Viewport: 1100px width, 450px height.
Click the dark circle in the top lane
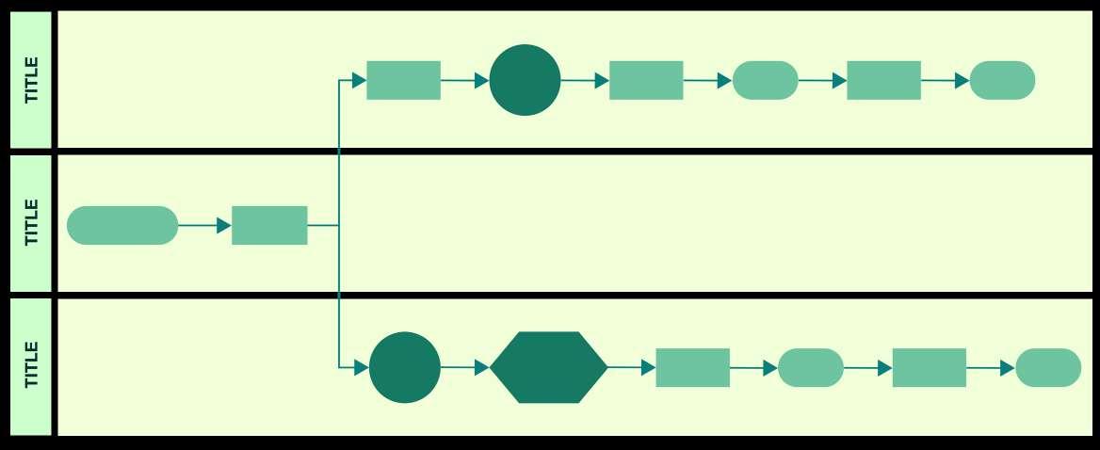pos(525,80)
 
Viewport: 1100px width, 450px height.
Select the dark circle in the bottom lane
pos(405,367)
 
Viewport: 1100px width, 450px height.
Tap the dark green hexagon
pos(549,367)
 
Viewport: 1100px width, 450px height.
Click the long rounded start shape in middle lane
pos(122,225)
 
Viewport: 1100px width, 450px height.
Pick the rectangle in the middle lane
pos(269,225)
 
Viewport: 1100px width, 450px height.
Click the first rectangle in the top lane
pos(403,80)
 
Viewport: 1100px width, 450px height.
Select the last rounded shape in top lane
pos(1002,80)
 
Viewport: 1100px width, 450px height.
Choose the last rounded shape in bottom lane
pos(1048,367)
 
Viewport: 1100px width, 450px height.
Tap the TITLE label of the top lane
pos(32,80)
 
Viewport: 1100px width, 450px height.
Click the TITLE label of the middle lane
pos(32,222)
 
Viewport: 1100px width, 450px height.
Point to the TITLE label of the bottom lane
pos(32,365)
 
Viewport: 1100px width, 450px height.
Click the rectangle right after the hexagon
pos(692,367)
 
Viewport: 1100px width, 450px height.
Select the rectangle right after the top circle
pos(646,80)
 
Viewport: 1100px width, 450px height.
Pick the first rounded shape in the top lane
pos(765,80)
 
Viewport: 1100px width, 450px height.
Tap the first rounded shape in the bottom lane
pos(810,367)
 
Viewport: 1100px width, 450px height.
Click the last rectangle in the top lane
pos(883,80)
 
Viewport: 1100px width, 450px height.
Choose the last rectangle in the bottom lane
pos(929,367)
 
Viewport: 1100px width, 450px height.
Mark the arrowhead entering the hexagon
pos(482,367)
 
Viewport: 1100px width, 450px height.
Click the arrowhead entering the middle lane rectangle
pos(224,225)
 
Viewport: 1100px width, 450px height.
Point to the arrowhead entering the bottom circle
pos(361,367)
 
